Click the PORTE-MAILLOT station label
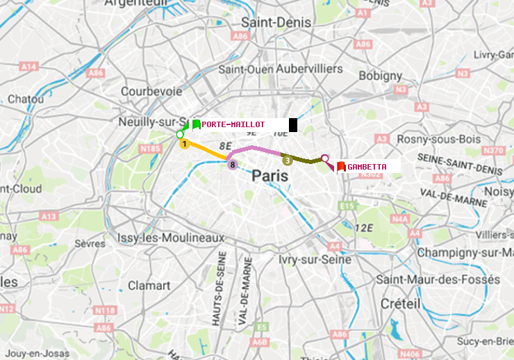click(233, 124)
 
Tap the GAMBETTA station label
click(367, 167)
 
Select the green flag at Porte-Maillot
click(196, 125)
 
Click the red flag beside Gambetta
click(341, 167)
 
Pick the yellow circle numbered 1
click(184, 144)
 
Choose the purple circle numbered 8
click(233, 165)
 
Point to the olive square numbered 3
click(287, 161)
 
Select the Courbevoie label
click(151, 91)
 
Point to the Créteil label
click(401, 304)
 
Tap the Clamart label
click(149, 286)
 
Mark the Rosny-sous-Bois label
click(438, 139)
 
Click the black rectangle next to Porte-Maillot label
click(293, 125)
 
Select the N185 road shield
click(150, 148)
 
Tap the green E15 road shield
click(347, 206)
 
